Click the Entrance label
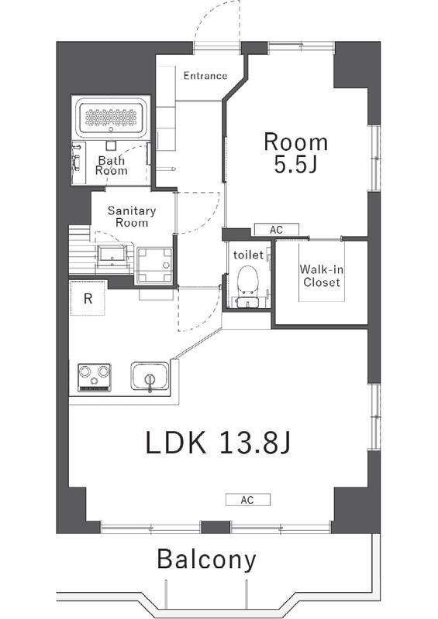[205, 76]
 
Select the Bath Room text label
[112, 166]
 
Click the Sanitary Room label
[131, 216]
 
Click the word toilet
[248, 254]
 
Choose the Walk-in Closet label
[321, 276]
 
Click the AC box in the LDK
[248, 500]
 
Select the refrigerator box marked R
[88, 299]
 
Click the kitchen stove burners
[94, 377]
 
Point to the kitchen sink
[148, 378]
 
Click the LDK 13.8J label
[218, 443]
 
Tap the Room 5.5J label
[295, 153]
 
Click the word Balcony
[206, 559]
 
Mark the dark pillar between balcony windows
[216, 528]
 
